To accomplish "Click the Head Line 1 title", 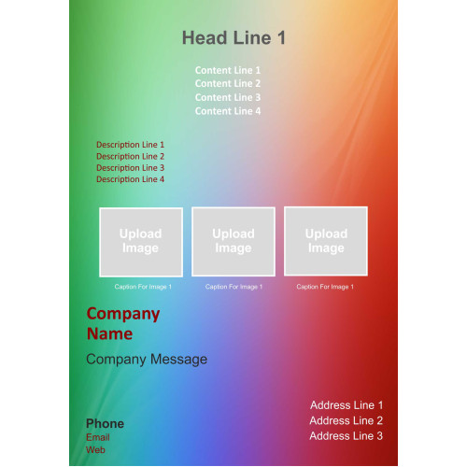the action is click(x=233, y=38).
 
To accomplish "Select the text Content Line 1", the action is click(x=228, y=70).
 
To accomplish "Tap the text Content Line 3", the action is click(x=228, y=97).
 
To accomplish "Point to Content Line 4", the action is click(x=228, y=111).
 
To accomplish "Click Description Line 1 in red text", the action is click(x=130, y=145).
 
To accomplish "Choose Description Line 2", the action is click(x=130, y=156).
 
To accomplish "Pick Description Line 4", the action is click(x=130, y=179).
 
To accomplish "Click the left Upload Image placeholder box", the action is click(x=141, y=242).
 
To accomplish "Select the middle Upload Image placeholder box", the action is click(x=233, y=242).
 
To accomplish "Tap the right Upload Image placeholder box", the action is click(x=326, y=241).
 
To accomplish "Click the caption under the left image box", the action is click(x=143, y=287).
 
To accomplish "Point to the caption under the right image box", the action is click(x=325, y=287).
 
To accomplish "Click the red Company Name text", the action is click(x=123, y=324).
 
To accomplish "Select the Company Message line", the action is click(x=147, y=360).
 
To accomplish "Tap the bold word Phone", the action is click(x=105, y=424).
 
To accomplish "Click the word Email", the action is click(x=98, y=437).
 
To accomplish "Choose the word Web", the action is click(x=95, y=450).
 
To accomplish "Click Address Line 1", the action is click(x=347, y=405).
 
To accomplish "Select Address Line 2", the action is click(x=347, y=420).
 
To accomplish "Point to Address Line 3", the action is click(x=347, y=436).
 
